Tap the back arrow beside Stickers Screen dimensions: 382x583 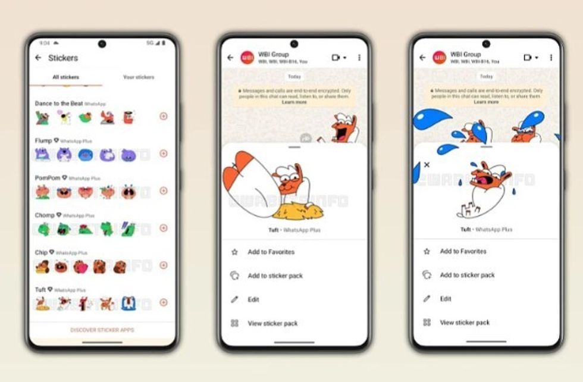pos(39,58)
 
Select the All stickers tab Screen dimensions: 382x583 pos(65,77)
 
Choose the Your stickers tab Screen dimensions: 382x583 pos(139,77)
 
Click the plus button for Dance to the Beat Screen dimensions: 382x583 pos(164,116)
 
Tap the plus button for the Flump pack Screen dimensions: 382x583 pos(164,154)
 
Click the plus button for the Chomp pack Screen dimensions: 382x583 pos(164,228)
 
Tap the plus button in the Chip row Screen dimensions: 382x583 pos(164,265)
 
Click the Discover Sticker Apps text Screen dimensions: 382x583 pos(102,330)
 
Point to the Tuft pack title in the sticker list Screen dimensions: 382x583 pos(40,289)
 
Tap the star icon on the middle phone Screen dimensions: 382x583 pos(234,252)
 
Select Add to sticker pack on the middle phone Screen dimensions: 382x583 pos(275,276)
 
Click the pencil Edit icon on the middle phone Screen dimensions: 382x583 pos(234,300)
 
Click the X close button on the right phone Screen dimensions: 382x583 pos(427,165)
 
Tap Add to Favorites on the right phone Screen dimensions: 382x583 pos(463,252)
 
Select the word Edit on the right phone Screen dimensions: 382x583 pos(446,299)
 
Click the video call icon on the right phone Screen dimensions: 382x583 pos(528,58)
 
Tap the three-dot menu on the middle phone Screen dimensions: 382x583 pos(359,58)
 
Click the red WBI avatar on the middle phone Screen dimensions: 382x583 pos(247,58)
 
